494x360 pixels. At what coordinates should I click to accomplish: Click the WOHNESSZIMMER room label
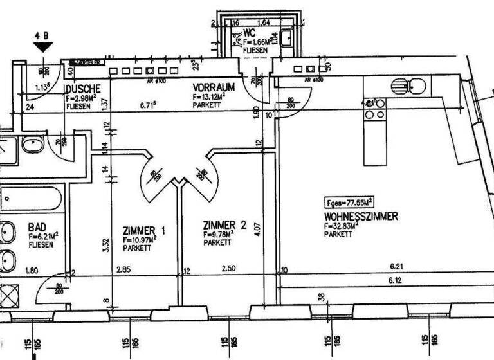361,217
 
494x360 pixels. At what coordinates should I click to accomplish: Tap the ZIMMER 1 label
145,231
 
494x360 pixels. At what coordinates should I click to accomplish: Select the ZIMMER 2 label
224,225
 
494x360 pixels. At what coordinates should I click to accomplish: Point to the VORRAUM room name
213,86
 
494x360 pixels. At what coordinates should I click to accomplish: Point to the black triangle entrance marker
43,48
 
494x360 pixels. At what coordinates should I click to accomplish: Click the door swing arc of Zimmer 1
152,177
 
